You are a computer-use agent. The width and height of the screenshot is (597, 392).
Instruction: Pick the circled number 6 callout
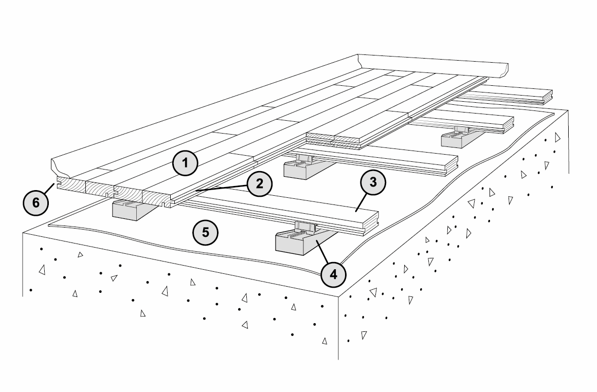click(35, 202)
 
